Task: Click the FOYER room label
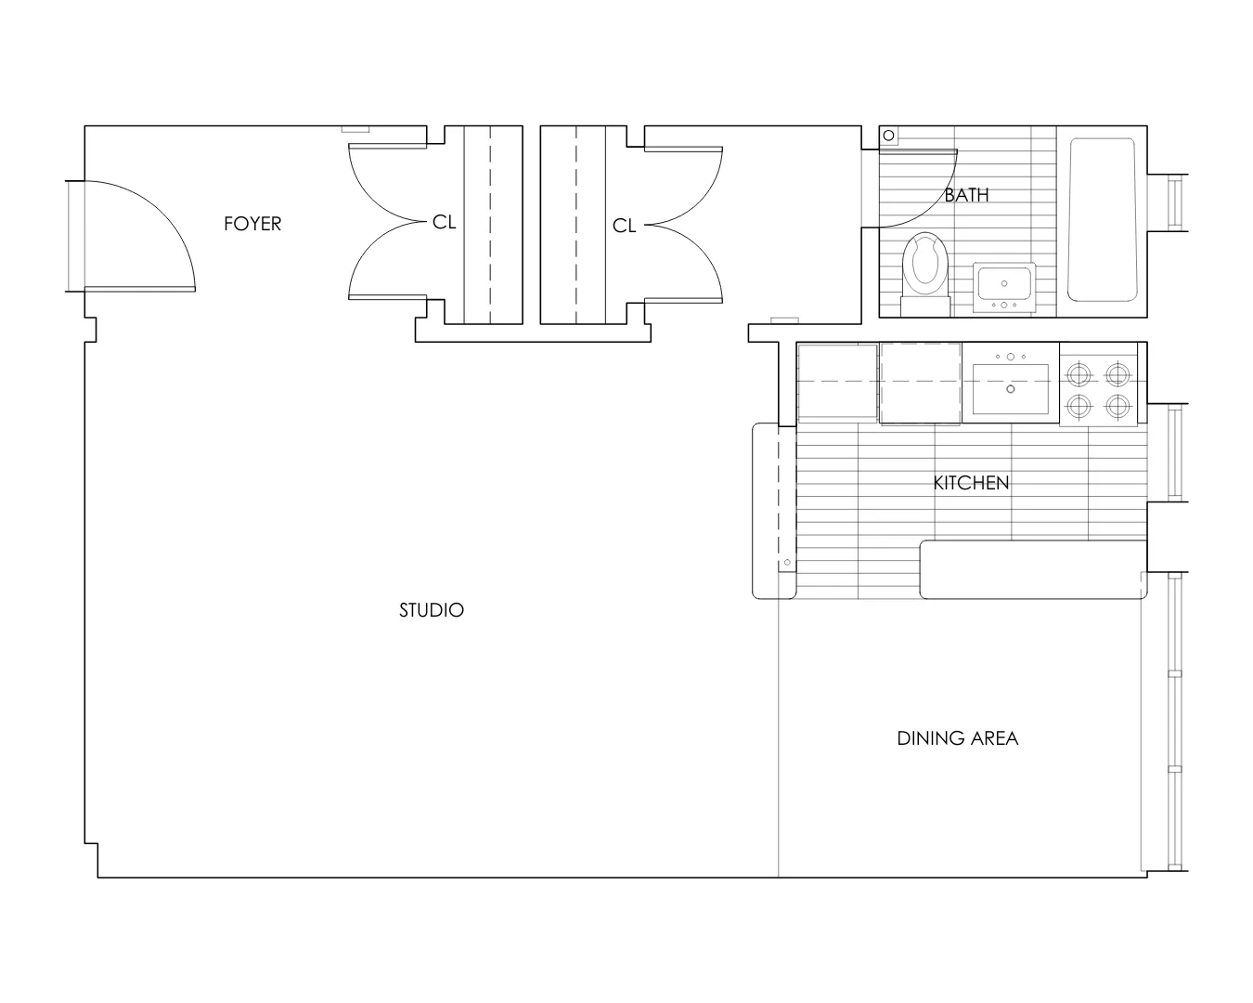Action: click(252, 224)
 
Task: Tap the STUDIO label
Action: click(431, 610)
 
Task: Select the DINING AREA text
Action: click(957, 738)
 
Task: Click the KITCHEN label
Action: click(971, 483)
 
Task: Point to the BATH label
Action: click(966, 195)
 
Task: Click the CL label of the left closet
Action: click(444, 223)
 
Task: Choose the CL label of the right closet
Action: click(624, 226)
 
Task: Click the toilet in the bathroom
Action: click(925, 265)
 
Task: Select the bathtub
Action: click(1102, 220)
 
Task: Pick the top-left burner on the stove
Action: click(1078, 374)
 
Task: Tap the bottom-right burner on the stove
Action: click(1118, 406)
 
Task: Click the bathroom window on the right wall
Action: click(1176, 202)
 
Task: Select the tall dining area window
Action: click(1175, 722)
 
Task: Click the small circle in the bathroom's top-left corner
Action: click(888, 137)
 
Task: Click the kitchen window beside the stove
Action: click(1176, 453)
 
